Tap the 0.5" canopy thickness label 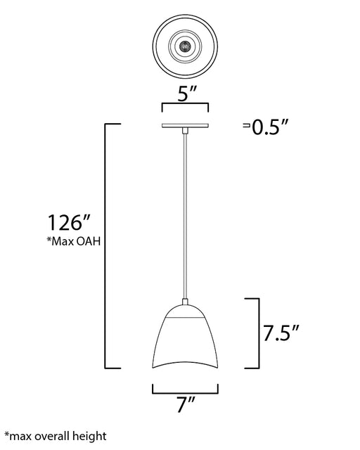pyautogui.click(x=269, y=127)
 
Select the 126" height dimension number pyautogui.click(x=69, y=223)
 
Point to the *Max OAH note pyautogui.click(x=74, y=241)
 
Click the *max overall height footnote pyautogui.click(x=56, y=436)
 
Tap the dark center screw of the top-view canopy pyautogui.click(x=185, y=46)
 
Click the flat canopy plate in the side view pyautogui.click(x=185, y=126)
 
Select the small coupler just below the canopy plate pyautogui.click(x=185, y=131)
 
